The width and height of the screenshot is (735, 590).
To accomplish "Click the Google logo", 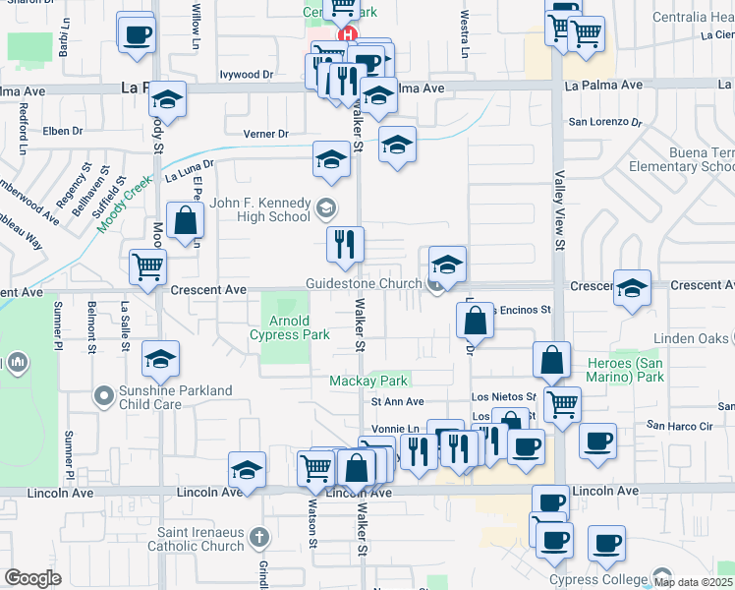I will click(32, 578).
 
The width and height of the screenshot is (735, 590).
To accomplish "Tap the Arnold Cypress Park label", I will click(290, 328).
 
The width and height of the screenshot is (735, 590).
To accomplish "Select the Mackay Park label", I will click(368, 381).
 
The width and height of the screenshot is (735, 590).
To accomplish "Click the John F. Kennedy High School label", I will click(260, 209).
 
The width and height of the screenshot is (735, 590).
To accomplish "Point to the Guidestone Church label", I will click(363, 283).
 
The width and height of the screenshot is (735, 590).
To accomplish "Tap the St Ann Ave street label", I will click(397, 402).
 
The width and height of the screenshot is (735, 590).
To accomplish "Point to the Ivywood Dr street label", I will click(246, 75).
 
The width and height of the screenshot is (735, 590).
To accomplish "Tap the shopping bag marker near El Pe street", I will click(186, 221).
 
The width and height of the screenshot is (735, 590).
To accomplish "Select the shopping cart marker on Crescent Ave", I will click(148, 265).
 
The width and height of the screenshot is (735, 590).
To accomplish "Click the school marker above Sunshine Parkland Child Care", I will click(161, 361).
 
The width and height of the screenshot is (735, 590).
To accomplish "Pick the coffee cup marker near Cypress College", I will click(606, 544).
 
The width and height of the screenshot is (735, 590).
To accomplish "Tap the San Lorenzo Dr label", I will click(605, 123).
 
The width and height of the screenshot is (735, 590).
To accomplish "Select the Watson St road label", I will click(313, 531).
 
